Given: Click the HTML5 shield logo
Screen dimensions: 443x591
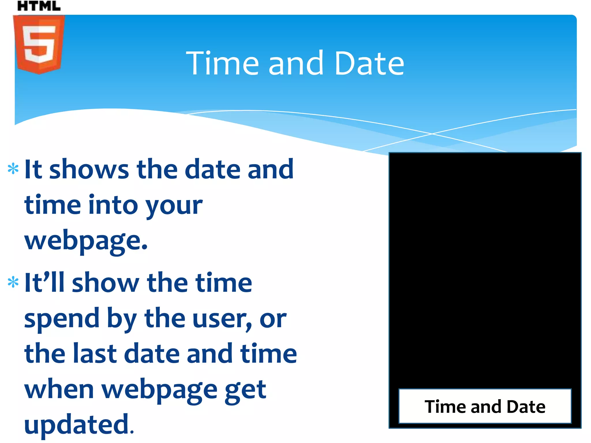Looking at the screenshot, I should click(39, 45).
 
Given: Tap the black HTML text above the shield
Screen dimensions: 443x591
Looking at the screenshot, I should click(39, 6).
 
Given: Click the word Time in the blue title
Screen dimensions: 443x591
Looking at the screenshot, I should click(222, 63).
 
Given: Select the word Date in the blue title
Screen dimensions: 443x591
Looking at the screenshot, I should click(369, 63).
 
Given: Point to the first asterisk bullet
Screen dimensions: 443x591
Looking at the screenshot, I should click(13, 169).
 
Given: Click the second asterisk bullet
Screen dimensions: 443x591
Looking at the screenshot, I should click(13, 282).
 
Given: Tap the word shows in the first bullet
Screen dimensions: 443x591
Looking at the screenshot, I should click(89, 169).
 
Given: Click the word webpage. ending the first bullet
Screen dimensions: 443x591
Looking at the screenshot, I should click(86, 241).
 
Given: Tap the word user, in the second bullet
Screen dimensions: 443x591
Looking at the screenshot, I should click(222, 319).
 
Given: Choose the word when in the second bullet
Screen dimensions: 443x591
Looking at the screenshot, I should click(59, 389).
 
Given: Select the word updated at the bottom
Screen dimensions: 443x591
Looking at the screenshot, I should click(77, 425).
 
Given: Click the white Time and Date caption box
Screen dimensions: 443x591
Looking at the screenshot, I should click(485, 406).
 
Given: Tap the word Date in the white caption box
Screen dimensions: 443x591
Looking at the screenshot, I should click(526, 407).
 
